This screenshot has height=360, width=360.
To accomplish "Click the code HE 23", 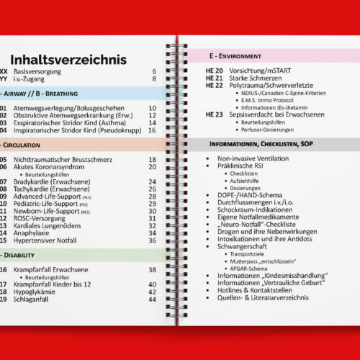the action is point(214,114).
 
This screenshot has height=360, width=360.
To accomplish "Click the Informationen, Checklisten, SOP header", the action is point(266,144).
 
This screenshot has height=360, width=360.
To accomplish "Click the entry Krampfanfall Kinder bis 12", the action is point(50,284).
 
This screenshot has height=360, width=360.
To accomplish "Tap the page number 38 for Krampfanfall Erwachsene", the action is point(152,269).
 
